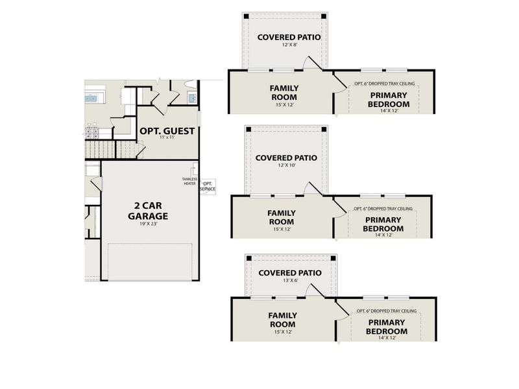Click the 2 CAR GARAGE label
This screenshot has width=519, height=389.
pyautogui.click(x=148, y=211)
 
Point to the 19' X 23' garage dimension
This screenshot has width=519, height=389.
pyautogui.click(x=148, y=224)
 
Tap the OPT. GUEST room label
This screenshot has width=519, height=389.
pyautogui.click(x=167, y=130)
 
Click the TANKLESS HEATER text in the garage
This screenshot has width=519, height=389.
pyautogui.click(x=189, y=181)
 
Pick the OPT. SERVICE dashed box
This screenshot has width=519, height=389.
pyautogui.click(x=208, y=186)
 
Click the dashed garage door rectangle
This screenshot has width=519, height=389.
pyautogui.click(x=150, y=262)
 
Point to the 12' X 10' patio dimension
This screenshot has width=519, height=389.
pyautogui.click(x=286, y=167)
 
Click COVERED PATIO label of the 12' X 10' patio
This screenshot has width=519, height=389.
pyautogui.click(x=286, y=158)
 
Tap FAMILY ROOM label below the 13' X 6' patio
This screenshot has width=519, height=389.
pyautogui.click(x=282, y=320)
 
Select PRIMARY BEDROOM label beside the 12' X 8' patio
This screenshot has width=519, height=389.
pyautogui.click(x=388, y=100)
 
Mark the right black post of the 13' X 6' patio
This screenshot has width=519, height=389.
pyautogui.click(x=332, y=258)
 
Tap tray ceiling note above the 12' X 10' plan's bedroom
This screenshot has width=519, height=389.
pyautogui.click(x=383, y=208)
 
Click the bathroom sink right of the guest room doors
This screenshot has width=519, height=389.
pyautogui.click(x=193, y=98)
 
